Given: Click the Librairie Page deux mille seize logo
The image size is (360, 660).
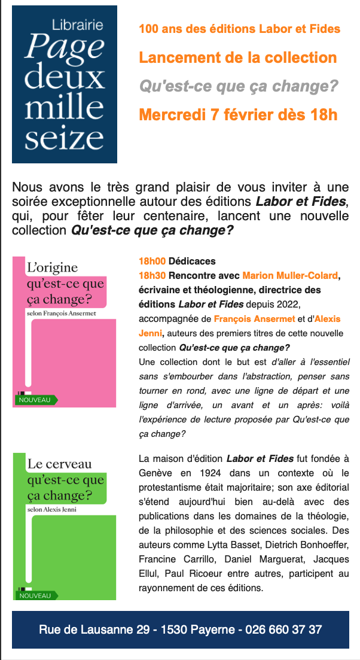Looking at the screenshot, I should point(65,84).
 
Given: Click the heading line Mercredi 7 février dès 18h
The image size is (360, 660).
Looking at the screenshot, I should point(238,114).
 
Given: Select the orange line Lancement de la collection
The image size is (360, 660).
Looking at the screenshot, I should point(237,58).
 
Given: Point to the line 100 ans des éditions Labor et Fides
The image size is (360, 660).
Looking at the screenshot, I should point(239,29).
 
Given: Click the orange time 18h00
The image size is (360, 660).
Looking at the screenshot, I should point(152,261).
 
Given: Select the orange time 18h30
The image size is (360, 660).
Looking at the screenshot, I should point(152,276).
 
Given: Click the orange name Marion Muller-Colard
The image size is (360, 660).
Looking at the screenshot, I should point(290,276).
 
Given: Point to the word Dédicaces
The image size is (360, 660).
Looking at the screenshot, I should point(192,261).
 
